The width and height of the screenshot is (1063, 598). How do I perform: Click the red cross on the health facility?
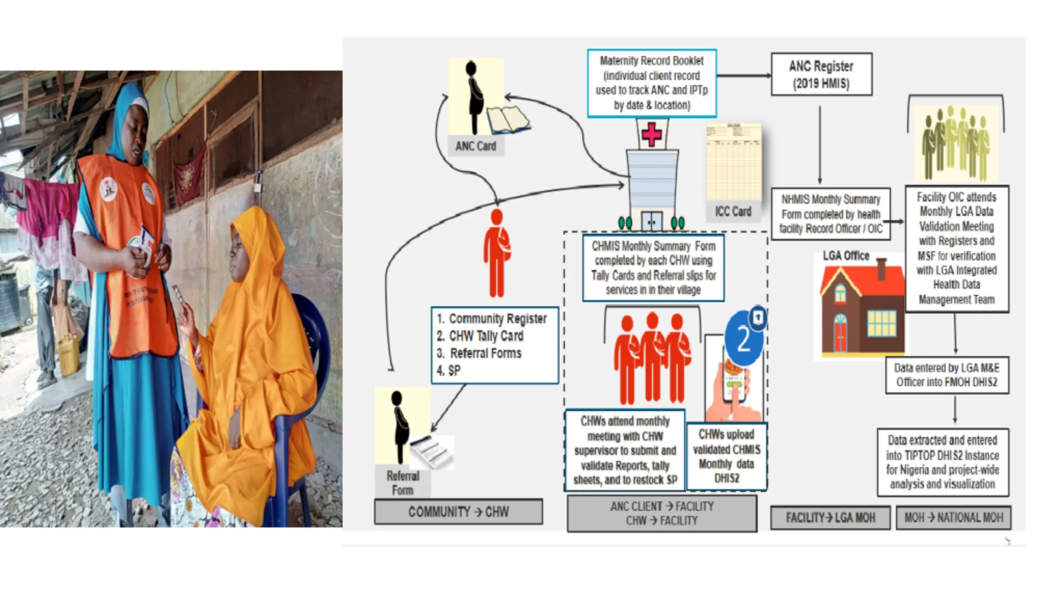point(652,134)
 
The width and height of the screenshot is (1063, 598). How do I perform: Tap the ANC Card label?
point(475,146)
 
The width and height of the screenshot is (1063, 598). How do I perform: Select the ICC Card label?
point(733,211)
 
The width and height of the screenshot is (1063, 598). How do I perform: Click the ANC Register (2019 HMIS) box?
point(821,74)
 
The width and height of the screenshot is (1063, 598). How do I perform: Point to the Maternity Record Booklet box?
point(652,83)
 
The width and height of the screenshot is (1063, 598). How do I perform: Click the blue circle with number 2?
point(743,339)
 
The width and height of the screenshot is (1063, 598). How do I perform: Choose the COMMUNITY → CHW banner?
point(458,512)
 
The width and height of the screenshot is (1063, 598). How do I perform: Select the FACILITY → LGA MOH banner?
point(830,517)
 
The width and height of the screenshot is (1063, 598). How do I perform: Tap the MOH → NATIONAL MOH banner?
point(953,517)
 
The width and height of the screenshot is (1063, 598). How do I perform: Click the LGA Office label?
point(846,256)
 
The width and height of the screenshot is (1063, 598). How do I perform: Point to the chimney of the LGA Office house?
point(881,269)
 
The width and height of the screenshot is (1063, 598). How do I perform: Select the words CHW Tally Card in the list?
point(486,336)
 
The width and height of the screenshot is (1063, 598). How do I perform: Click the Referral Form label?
point(402,483)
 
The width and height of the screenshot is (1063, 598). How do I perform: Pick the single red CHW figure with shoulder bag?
point(497,253)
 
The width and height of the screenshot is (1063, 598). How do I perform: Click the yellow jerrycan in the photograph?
point(69,355)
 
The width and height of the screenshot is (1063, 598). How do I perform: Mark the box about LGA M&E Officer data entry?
point(947,375)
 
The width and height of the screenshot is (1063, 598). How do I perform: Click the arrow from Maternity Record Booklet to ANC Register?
point(744,76)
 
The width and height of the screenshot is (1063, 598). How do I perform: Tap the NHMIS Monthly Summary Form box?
point(830,214)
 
